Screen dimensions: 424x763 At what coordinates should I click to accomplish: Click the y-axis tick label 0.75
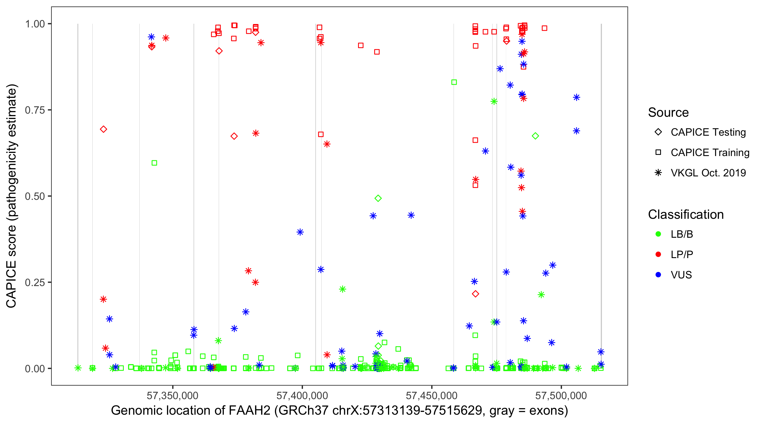coord(34,110)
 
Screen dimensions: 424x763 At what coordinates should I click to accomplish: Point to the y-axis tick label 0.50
coord(34,196)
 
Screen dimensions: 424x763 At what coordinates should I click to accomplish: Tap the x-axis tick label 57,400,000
coord(302,395)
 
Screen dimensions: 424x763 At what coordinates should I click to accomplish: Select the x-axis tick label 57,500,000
coord(561,395)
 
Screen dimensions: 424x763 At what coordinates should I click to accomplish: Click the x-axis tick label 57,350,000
coord(172,395)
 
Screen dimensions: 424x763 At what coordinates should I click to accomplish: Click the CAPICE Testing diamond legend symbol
coord(658,132)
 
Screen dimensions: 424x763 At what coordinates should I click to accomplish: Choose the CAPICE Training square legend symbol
coord(658,152)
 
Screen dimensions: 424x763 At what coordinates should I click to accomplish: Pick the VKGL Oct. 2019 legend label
coord(708,173)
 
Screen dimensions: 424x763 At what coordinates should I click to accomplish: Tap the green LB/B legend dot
coord(658,234)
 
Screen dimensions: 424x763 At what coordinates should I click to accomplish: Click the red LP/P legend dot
coord(658,254)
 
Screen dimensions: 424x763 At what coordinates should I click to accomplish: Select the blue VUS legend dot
coord(658,275)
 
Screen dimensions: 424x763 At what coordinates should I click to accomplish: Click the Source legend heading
coord(668,113)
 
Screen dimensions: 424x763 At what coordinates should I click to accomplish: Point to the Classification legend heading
coord(686,215)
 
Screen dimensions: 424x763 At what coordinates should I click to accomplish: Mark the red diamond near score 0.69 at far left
coord(103,129)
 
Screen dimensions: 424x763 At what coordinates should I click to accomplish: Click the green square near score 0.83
coord(454,82)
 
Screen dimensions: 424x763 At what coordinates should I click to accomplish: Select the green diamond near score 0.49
coord(378,198)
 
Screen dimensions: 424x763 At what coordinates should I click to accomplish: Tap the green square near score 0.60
coord(154,163)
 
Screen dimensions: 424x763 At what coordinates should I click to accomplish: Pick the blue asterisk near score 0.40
coord(300,232)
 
